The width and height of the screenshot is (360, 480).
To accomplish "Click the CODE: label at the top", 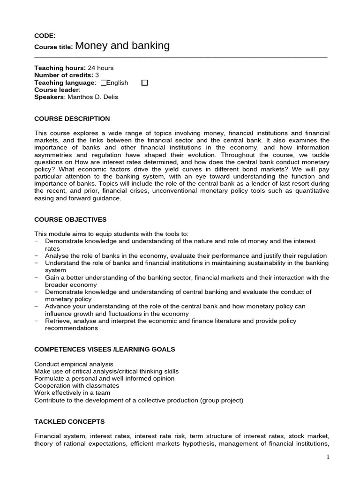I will (x=45, y=36).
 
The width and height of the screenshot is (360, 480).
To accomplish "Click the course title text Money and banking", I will (x=122, y=46).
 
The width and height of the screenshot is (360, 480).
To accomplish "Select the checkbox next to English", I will (x=104, y=83).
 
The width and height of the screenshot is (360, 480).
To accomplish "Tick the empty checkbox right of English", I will (x=144, y=83).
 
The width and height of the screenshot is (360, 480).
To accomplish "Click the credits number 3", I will (x=97, y=75).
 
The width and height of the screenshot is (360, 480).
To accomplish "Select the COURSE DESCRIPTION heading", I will (x=72, y=119).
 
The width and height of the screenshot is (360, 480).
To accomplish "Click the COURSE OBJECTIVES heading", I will (x=70, y=219).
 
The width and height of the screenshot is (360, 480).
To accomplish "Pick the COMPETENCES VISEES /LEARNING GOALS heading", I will (x=105, y=349).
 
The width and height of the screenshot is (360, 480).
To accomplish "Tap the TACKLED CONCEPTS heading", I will (x=69, y=421).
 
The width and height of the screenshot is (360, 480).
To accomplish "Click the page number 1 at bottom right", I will (x=328, y=457).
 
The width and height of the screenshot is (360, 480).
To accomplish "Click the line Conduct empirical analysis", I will (x=74, y=364).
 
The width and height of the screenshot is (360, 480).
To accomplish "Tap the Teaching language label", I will (x=65, y=83).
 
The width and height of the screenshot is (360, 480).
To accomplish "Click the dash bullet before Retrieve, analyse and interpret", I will (x=37, y=321).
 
